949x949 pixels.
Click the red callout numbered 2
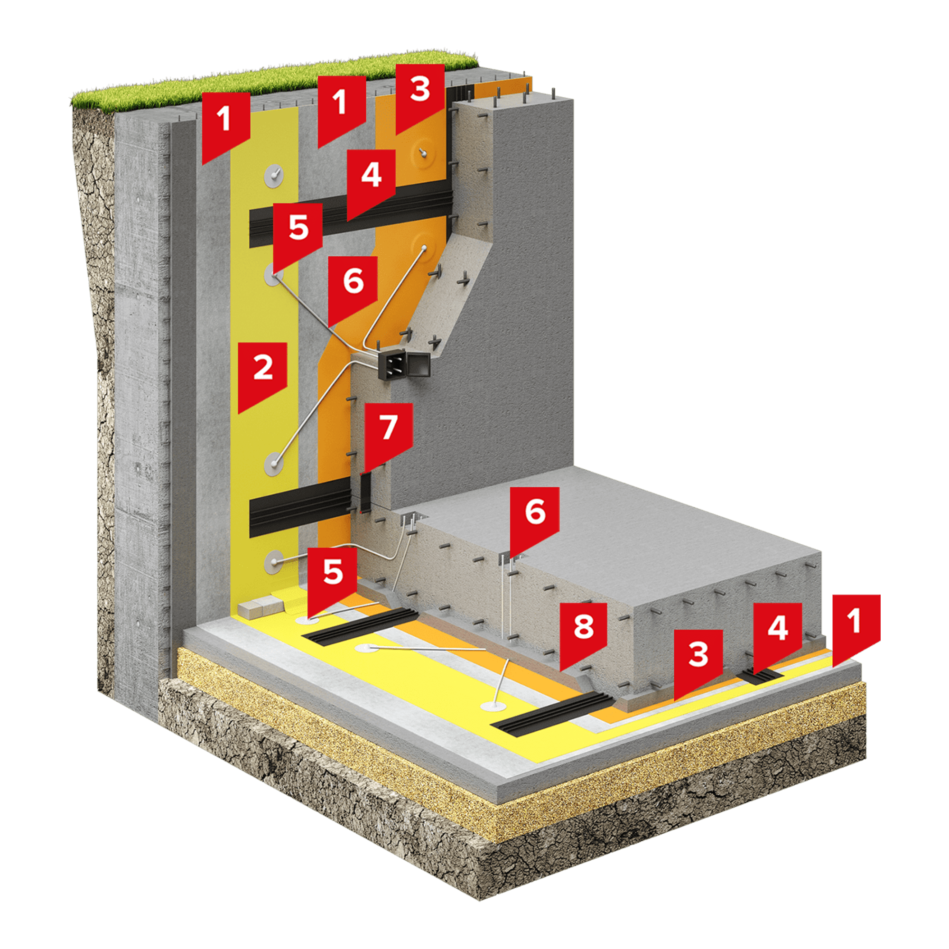[262, 373]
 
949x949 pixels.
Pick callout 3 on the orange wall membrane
[420, 96]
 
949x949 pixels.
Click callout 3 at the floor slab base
[698, 661]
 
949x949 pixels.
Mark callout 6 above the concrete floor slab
[535, 518]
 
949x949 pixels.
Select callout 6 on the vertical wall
[353, 288]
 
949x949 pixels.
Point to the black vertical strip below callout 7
[366, 491]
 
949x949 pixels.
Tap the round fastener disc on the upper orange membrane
[424, 153]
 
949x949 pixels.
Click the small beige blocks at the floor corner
[261, 607]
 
